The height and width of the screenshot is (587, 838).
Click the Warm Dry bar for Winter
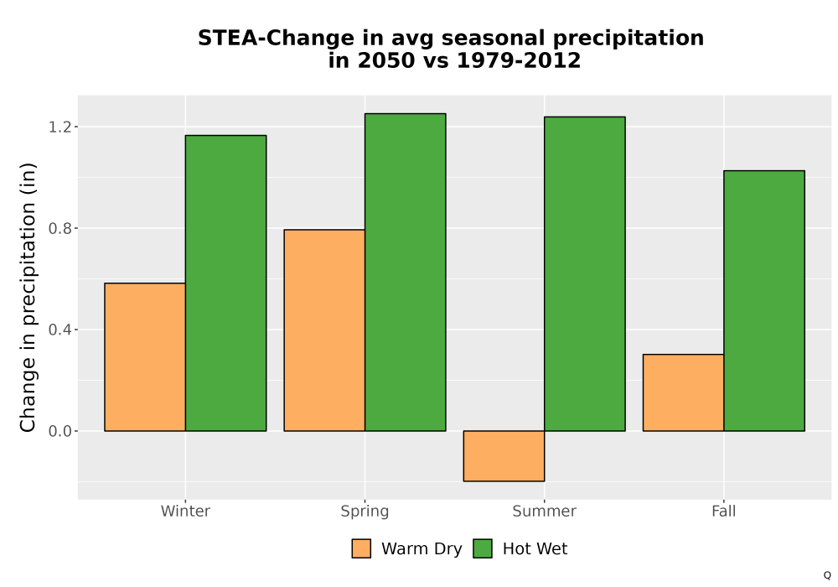tap(145, 357)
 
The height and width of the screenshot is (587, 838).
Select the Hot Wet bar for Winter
tap(225, 283)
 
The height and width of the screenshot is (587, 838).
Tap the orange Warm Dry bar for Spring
tap(324, 330)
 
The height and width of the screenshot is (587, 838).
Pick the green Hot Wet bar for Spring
tap(405, 272)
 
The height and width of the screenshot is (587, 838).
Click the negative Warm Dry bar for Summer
tap(504, 456)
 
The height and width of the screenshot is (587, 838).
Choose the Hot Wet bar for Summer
tap(585, 273)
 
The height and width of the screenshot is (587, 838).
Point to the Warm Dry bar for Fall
tap(684, 392)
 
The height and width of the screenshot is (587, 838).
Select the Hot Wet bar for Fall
tap(764, 301)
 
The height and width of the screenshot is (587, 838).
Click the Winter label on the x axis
tap(185, 512)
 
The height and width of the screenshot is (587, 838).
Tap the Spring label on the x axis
tap(365, 512)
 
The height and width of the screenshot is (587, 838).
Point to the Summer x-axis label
tap(545, 512)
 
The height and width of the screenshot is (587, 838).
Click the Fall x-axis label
tap(724, 512)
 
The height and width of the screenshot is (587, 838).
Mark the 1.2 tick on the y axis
tap(59, 127)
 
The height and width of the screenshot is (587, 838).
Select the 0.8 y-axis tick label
tap(59, 228)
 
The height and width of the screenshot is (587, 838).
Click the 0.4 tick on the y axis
tap(59, 330)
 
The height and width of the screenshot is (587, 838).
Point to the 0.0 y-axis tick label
tap(59, 431)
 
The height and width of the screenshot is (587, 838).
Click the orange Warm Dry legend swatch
tap(361, 548)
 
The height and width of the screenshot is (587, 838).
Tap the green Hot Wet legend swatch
tap(483, 548)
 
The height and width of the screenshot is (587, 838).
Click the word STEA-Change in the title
tap(276, 39)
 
